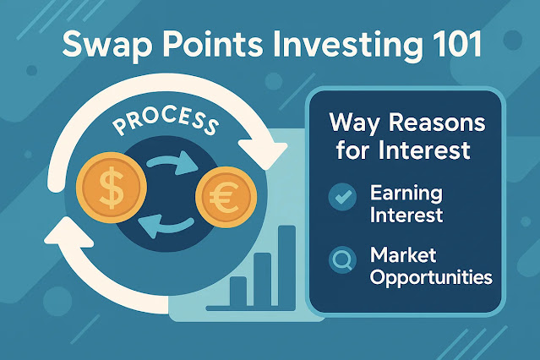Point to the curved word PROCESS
166,121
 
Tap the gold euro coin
226,198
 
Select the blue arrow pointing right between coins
172,162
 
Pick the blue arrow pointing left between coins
166,226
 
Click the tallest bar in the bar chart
286,266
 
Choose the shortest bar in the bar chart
238,292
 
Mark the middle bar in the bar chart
263,280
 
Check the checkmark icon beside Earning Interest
342,197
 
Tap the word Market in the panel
403,255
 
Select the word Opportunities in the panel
431,277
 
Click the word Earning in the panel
406,194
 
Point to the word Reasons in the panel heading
437,123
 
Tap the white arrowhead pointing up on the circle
69,234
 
